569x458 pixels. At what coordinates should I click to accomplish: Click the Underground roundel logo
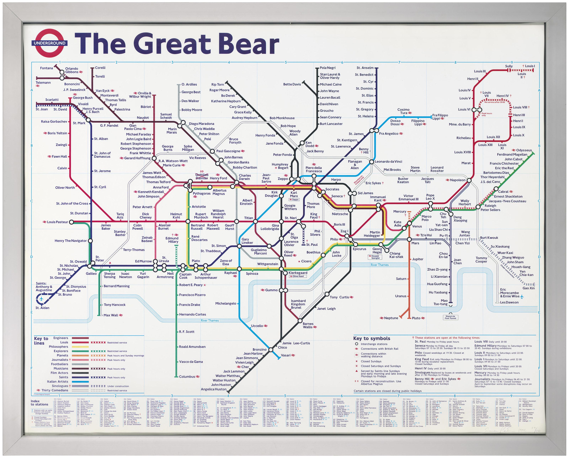[x=49, y=43]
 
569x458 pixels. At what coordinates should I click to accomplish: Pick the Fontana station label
[x=46, y=68]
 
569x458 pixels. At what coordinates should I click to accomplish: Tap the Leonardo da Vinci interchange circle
[x=371, y=162]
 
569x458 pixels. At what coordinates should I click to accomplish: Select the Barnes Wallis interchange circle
[x=300, y=321]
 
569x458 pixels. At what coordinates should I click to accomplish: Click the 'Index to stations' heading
[x=39, y=403]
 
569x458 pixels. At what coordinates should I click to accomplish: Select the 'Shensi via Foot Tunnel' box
[x=450, y=317]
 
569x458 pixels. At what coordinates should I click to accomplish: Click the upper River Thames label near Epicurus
[x=379, y=265]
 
